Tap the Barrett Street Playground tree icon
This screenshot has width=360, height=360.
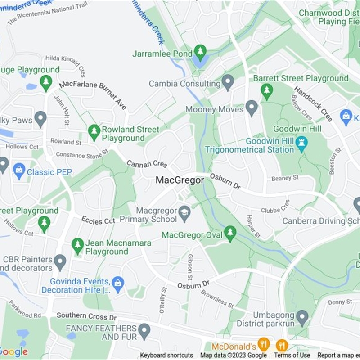[x=267, y=91]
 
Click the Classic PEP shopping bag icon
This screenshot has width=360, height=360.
[x=19, y=171]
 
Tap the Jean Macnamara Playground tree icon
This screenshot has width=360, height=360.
[x=78, y=245]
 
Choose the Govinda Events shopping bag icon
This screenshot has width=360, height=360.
[x=118, y=283]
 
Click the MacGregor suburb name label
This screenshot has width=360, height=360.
[x=180, y=180]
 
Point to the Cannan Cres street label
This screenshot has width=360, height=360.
[x=147, y=164]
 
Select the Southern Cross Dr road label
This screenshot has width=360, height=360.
[x=86, y=317]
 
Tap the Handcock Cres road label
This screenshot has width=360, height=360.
[x=314, y=104]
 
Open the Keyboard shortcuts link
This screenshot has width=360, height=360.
[x=166, y=355]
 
